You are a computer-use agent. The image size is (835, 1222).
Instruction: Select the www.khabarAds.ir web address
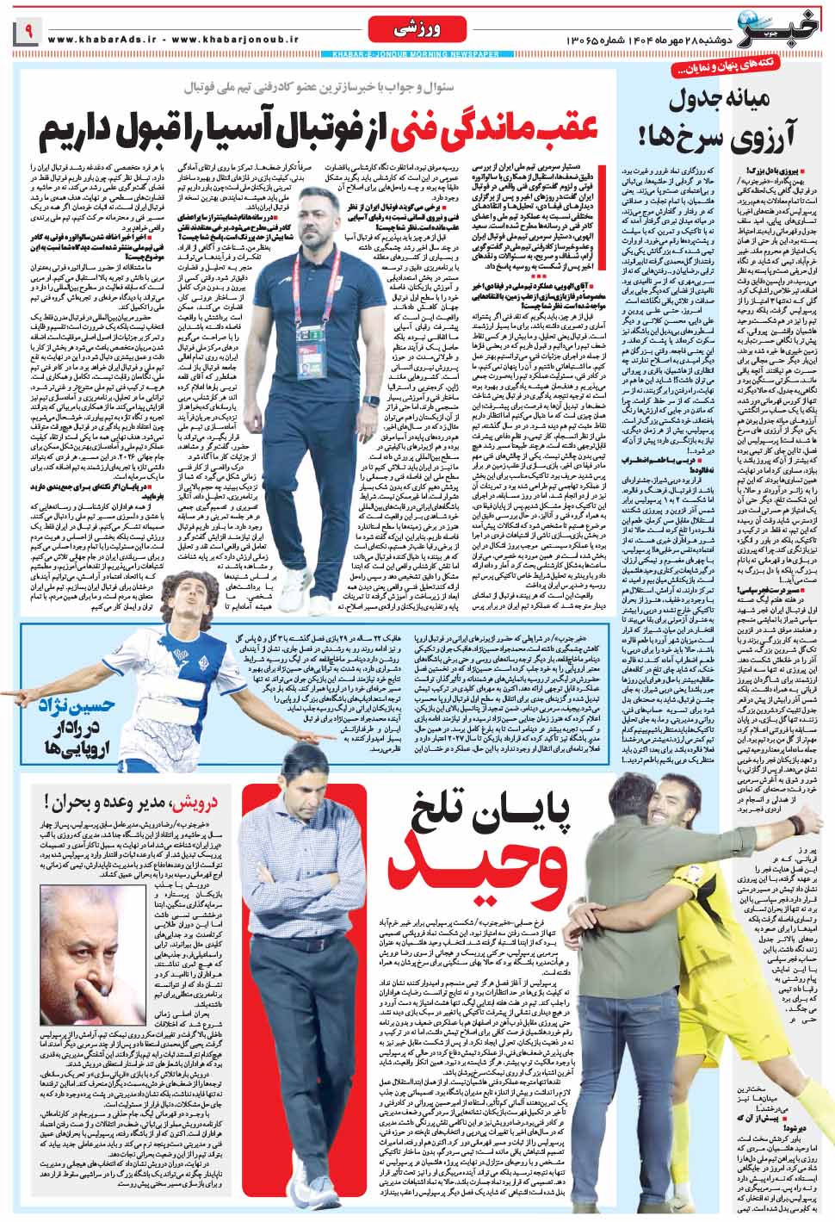coord(100,40)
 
